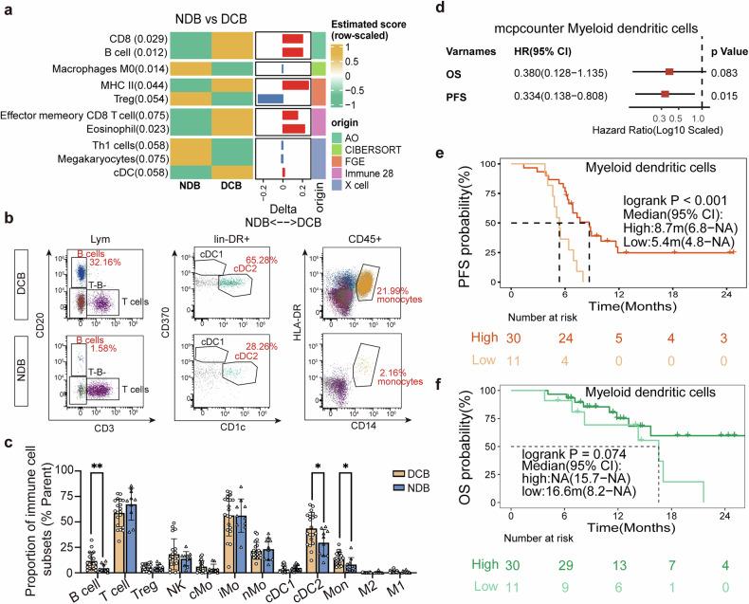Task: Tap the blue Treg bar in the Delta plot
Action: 272,100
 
